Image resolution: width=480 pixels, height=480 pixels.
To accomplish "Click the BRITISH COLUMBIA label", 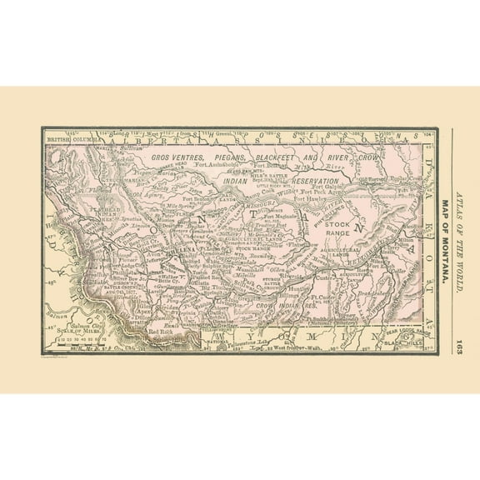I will [72, 138].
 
